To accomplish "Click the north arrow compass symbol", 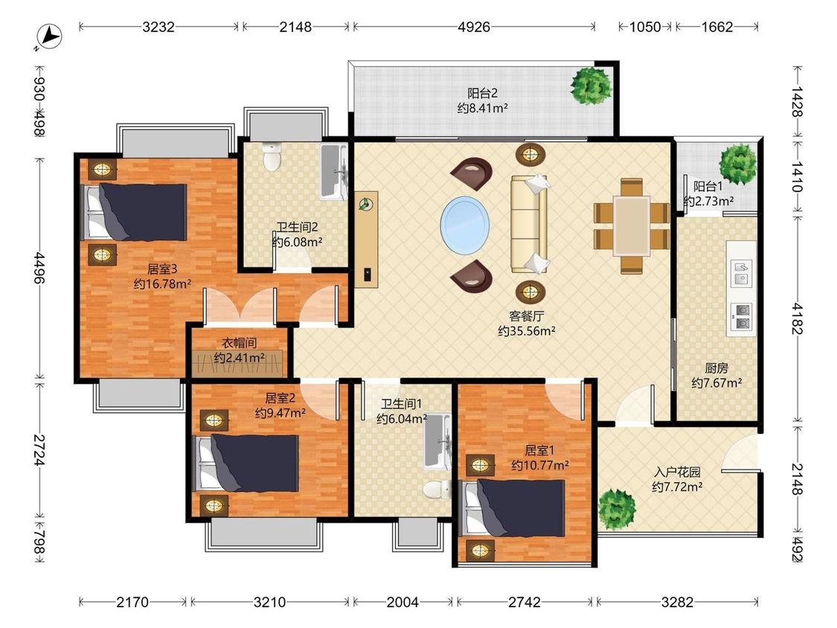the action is (x=49, y=37).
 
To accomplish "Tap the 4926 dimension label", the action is (x=473, y=27).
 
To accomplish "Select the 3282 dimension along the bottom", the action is (x=677, y=603).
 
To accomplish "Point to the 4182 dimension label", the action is (x=796, y=318).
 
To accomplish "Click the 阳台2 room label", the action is (x=482, y=94).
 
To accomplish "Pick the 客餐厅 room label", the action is (x=526, y=317).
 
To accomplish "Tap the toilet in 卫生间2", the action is (x=272, y=156).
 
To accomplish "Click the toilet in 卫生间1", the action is (x=437, y=489).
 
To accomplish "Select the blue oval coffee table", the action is (x=464, y=224).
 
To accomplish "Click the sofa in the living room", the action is (x=530, y=224).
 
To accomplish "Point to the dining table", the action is (x=632, y=226).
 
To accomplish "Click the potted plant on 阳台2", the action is (x=591, y=86).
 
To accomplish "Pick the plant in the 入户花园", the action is (x=617, y=510).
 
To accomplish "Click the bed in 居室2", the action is (x=246, y=463).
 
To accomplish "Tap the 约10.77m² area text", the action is (x=539, y=465).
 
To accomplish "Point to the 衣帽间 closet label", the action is (x=239, y=343).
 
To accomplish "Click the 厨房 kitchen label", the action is (x=716, y=368).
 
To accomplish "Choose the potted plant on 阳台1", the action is (x=738, y=164).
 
